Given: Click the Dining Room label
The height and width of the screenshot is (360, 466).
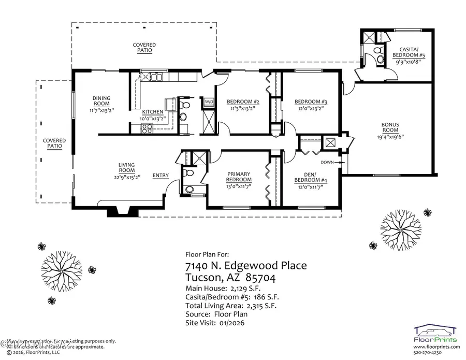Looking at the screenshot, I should tap(101, 101).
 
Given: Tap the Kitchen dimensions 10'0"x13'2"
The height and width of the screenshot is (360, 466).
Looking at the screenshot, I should tap(153, 118).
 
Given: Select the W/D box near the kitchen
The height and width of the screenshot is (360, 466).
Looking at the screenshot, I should tap(209, 102).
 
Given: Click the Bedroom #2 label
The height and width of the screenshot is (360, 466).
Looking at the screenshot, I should tap(243, 102).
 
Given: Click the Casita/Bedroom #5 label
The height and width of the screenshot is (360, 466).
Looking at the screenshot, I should tap(406, 51).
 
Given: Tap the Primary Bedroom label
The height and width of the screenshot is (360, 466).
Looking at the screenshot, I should tap(239, 177).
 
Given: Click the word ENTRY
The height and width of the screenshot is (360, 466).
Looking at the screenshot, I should tap(161, 176).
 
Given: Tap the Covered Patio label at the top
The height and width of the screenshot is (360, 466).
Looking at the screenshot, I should tap(144, 48).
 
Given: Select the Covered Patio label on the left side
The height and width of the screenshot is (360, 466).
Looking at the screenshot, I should tap(54, 143).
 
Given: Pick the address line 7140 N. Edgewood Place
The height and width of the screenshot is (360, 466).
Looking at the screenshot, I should tap(245, 266).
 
